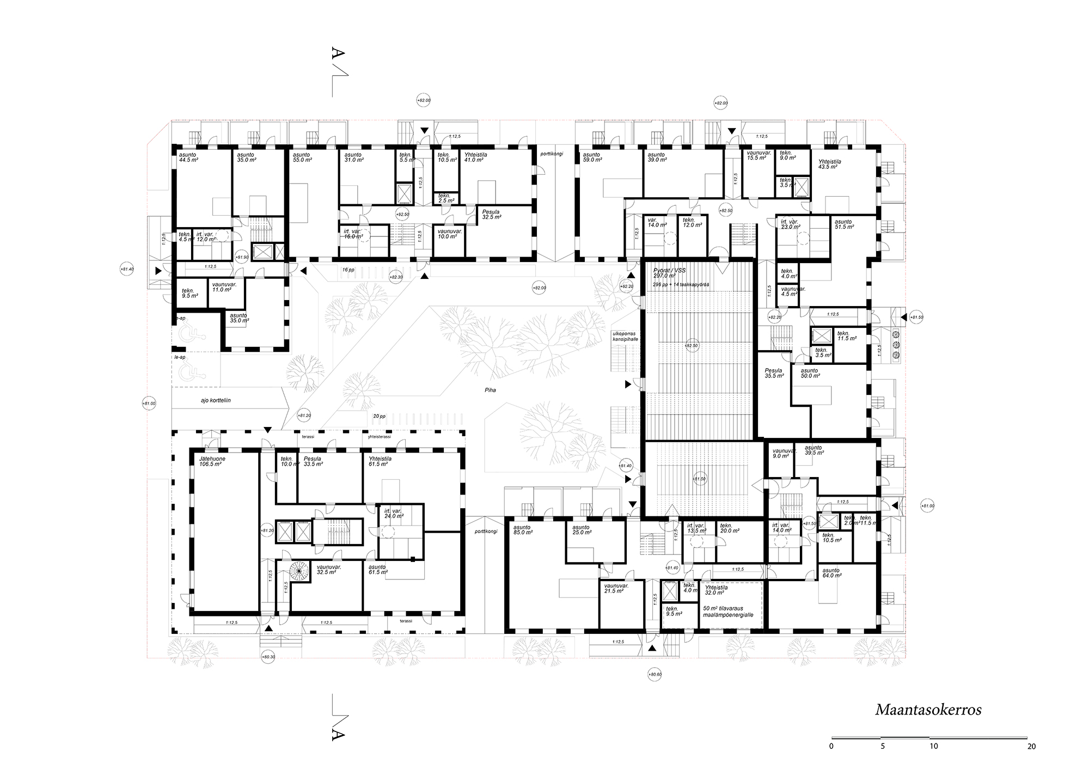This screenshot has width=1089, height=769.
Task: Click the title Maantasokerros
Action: [x=928, y=710]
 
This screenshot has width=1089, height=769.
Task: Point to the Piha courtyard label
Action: [x=491, y=390]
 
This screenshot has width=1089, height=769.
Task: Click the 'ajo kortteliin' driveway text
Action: [x=216, y=400]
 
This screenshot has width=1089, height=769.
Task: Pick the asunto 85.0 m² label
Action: [x=523, y=530]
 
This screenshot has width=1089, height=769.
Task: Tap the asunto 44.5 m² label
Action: [x=188, y=158]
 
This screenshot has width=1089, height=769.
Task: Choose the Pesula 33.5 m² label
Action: [x=315, y=462]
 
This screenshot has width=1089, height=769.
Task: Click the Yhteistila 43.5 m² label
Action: [x=830, y=164]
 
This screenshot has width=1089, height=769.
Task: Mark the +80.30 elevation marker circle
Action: [x=268, y=657]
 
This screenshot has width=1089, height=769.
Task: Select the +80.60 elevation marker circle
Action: [x=655, y=675]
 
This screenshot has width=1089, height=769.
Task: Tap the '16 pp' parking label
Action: [x=348, y=270]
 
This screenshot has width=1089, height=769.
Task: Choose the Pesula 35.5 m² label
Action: [x=774, y=374]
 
